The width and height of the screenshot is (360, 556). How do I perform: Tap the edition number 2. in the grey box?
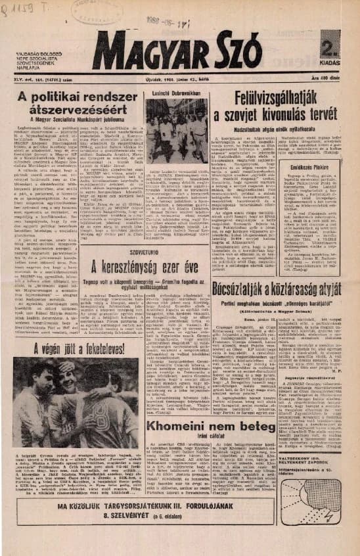(330, 43)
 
